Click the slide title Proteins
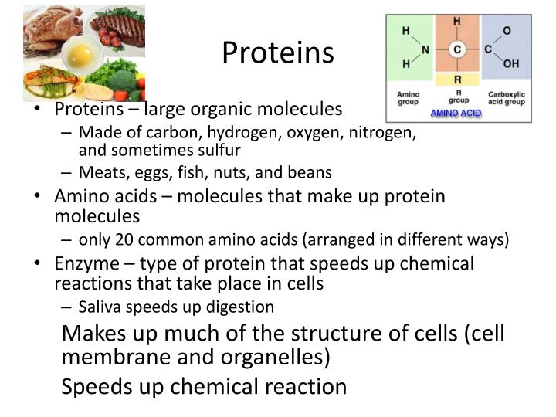(278, 53)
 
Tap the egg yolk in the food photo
(80, 56)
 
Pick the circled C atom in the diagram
(457, 49)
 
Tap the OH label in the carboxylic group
(511, 63)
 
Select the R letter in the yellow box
(457, 80)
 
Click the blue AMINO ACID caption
(456, 113)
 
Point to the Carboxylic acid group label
(507, 98)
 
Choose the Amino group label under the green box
(408, 98)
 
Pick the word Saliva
(99, 307)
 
